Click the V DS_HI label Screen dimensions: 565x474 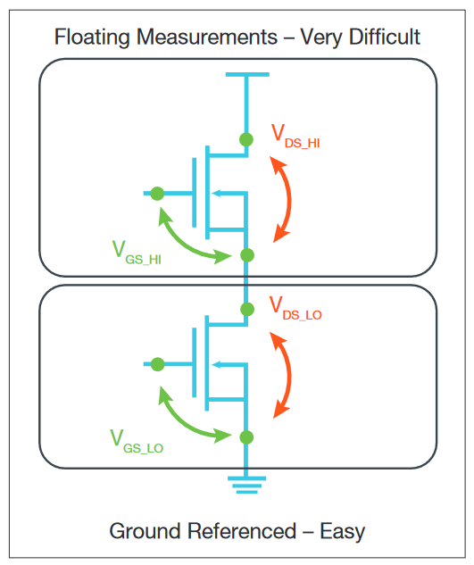pyautogui.click(x=295, y=137)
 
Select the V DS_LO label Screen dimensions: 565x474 pyautogui.click(x=295, y=308)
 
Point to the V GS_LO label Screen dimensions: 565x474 pyautogui.click(x=136, y=439)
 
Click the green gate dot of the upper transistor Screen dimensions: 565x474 pyautogui.click(x=157, y=193)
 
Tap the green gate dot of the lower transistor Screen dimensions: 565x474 pyautogui.click(x=157, y=363)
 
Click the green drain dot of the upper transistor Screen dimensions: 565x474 pyautogui.click(x=247, y=139)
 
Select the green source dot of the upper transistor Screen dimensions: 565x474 pyautogui.click(x=247, y=255)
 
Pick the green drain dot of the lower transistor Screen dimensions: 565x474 pyautogui.click(x=247, y=309)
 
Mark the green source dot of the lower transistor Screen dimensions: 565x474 pyautogui.click(x=247, y=436)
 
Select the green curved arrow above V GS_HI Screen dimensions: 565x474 pyautogui.click(x=189, y=237)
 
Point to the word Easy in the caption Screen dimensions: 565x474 pyautogui.click(x=342, y=531)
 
